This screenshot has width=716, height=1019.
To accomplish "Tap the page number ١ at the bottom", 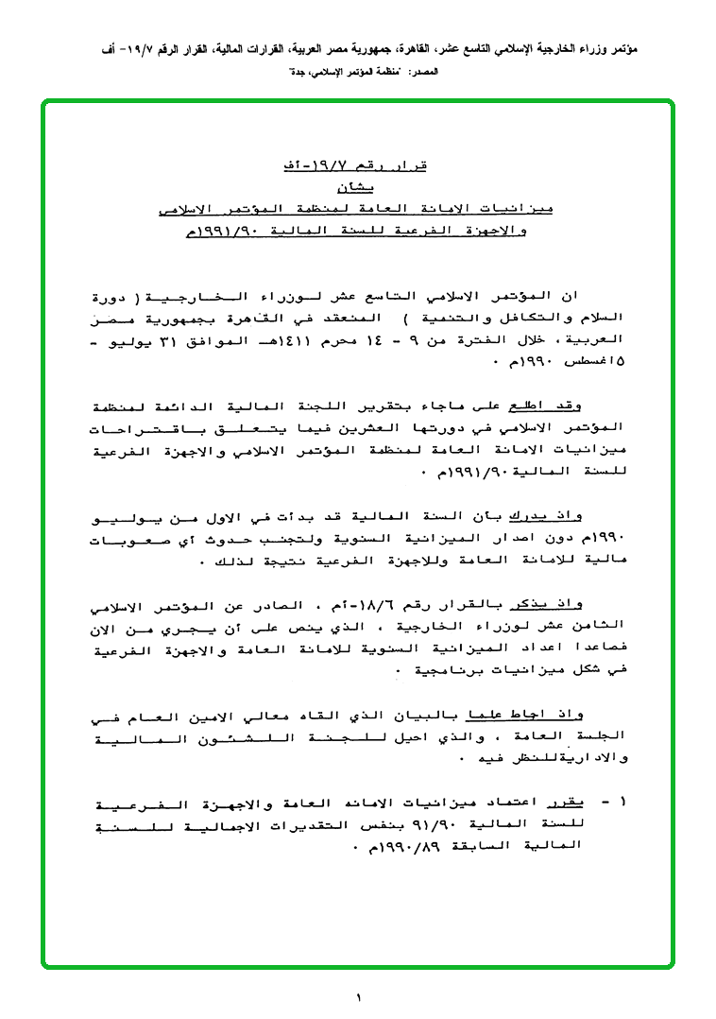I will [359, 996].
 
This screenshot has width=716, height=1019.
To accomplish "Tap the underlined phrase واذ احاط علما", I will [552, 716].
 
